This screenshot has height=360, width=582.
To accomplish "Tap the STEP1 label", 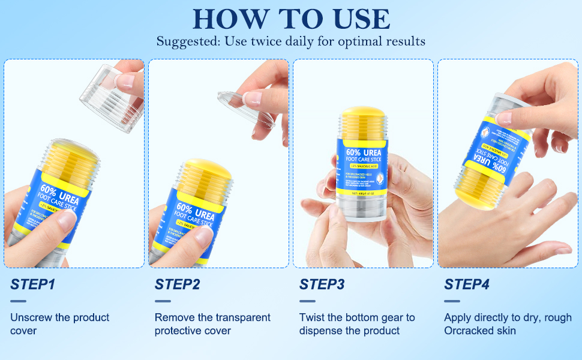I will point(32,284).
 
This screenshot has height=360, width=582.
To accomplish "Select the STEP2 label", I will point(177,284).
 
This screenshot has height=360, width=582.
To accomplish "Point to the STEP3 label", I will point(322,284).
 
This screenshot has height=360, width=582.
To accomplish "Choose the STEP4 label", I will point(467,284).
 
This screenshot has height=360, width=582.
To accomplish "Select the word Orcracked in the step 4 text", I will point(470,331).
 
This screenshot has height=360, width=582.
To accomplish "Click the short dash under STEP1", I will point(18,301).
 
